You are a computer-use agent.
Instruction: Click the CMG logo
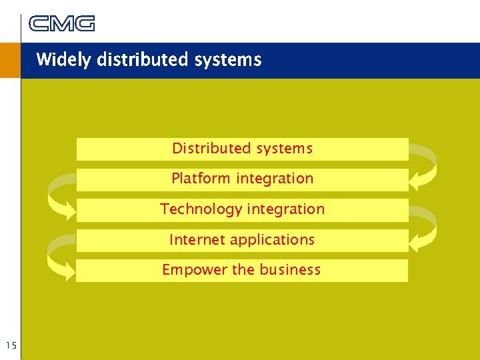pyautogui.click(x=61, y=24)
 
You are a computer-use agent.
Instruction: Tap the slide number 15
pyautogui.click(x=10, y=345)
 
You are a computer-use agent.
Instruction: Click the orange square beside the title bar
pyautogui.click(x=10, y=61)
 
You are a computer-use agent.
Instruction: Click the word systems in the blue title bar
pyautogui.click(x=228, y=60)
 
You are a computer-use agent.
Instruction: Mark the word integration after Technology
pyautogui.click(x=285, y=209)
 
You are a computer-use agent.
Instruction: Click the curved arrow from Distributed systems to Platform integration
pyautogui.click(x=425, y=163)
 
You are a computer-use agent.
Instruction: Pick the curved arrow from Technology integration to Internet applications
pyautogui.click(x=425, y=225)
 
